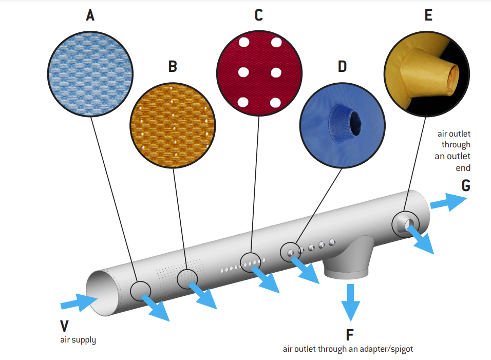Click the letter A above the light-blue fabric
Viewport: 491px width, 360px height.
(x=90, y=15)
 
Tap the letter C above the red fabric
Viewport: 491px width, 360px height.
(x=258, y=15)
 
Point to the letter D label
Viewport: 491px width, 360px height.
(x=342, y=66)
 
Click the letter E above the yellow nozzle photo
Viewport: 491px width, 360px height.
(x=428, y=15)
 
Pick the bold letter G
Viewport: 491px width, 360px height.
(x=465, y=185)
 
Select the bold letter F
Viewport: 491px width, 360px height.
(x=349, y=335)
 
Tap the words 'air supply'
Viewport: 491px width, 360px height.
(x=78, y=339)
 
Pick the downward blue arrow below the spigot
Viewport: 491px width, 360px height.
(x=351, y=301)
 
